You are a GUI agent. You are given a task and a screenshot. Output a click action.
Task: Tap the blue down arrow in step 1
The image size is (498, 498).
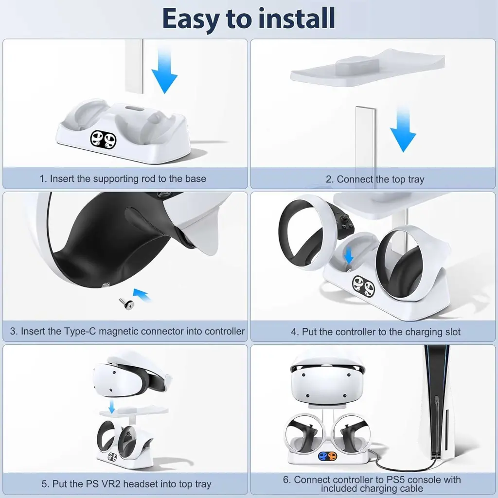(164, 73)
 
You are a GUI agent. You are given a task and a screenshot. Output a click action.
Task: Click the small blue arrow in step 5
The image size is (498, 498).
(112, 406)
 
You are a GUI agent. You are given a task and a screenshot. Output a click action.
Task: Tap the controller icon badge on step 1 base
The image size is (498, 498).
(104, 140)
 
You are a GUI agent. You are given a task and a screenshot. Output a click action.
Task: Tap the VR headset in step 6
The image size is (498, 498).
(327, 377)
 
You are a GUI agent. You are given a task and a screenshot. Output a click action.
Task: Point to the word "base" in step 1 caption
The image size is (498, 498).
(196, 178)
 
